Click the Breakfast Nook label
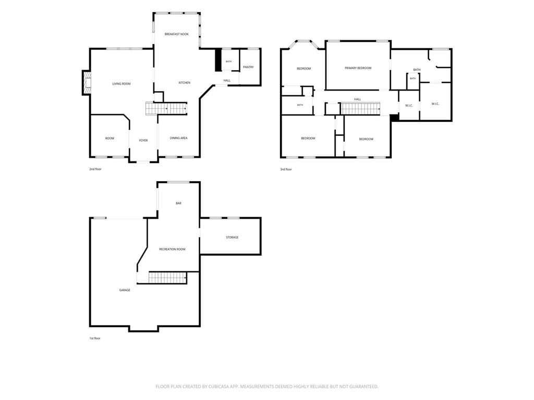176,34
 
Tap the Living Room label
122,84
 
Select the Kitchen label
185,83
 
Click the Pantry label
248,67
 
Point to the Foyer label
143,141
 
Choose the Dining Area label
178,138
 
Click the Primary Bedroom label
358,68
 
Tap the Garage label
125,290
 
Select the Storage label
232,238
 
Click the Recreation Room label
172,249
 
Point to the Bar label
178,203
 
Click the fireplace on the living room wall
87,83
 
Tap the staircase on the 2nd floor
166,108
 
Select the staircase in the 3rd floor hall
360,108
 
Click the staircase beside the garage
168,278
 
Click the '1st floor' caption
95,339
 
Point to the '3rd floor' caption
286,169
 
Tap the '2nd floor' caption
95,169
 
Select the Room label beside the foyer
110,139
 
